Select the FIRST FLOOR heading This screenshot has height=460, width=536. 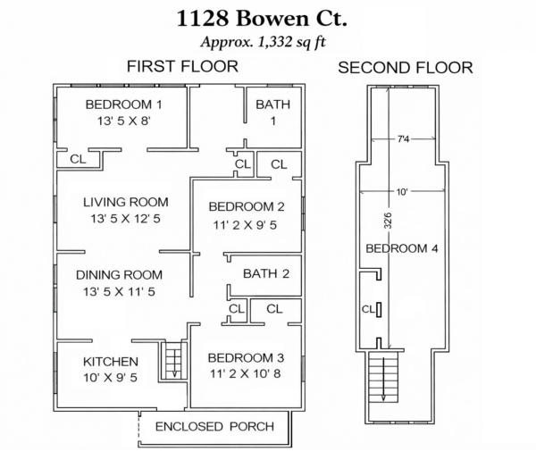[181, 66]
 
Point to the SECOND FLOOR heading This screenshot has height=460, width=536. [406, 68]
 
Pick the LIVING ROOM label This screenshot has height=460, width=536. [125, 202]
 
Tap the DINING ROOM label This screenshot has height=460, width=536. [119, 275]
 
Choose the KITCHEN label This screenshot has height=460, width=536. [111, 362]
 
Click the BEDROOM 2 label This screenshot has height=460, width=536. [243, 207]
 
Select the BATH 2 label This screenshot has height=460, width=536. [265, 274]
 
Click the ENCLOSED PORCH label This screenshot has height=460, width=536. [214, 426]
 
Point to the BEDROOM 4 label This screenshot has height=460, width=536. [402, 248]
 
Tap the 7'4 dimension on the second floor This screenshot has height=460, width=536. [405, 139]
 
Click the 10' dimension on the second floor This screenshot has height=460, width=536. [403, 191]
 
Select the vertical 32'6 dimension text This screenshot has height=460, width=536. [386, 218]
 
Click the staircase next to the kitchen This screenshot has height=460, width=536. [172, 362]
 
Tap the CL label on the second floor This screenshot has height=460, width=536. [368, 310]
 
